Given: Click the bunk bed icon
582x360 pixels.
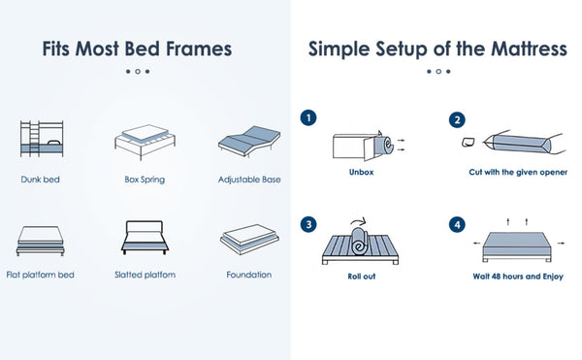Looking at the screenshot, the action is point(42,139).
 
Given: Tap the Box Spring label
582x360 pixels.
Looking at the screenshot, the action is point(145,180).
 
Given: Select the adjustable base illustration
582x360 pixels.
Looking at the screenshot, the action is point(249,142).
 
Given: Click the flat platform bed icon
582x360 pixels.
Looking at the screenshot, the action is point(40,241).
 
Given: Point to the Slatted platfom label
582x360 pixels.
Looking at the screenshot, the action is point(145,275).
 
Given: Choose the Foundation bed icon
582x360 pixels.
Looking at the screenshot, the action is point(249,239).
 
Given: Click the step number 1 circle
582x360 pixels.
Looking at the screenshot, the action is point(308,118).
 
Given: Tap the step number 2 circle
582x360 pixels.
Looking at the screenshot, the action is point(457,120).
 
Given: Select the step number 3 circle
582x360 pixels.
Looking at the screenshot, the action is point(308,224).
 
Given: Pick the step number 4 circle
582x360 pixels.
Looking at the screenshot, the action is point(457,224).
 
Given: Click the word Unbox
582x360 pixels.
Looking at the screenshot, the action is point(361,172).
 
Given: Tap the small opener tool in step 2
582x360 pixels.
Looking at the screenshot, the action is point(469,142).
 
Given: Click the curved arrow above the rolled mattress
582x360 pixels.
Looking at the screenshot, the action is point(358,221).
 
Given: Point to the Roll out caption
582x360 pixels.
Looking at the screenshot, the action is point(362,277).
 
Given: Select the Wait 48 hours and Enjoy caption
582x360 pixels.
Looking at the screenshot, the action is point(518,277).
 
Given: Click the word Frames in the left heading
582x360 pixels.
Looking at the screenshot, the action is point(199,49).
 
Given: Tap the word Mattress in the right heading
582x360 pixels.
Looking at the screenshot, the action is point(530,49).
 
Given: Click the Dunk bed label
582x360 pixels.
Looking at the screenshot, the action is point(40,180).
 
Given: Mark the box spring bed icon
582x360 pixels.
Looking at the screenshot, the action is point(145,142).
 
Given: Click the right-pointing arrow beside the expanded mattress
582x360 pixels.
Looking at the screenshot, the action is point(561,244).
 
